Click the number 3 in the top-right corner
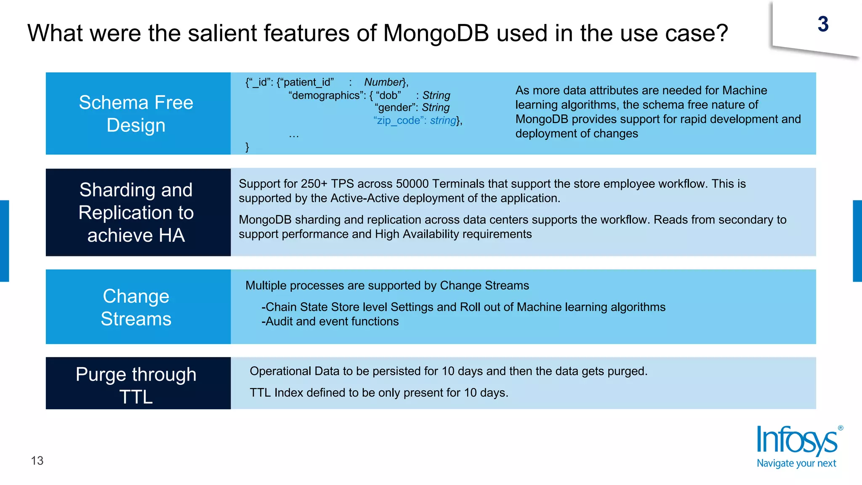[x=823, y=24]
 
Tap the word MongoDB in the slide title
[x=436, y=33]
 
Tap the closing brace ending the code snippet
[x=247, y=147]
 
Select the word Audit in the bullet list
[x=279, y=322]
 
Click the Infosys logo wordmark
[x=796, y=441]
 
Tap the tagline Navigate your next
[x=796, y=464]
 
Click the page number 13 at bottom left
[x=37, y=461]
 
